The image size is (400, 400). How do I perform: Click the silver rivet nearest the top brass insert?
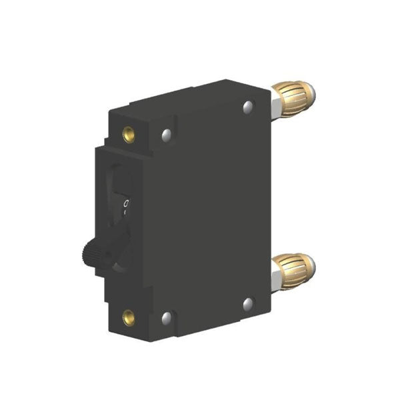pos(165,136)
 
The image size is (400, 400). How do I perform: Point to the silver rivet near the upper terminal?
pos(249,106)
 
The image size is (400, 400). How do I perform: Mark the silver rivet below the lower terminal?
pos(248,303)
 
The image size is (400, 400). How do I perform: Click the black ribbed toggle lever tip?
pos(92,253)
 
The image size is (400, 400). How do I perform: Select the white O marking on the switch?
pos(125,202)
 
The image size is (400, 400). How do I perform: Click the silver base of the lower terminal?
pos(275,273)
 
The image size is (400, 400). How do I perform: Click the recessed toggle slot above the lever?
pos(120,180)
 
